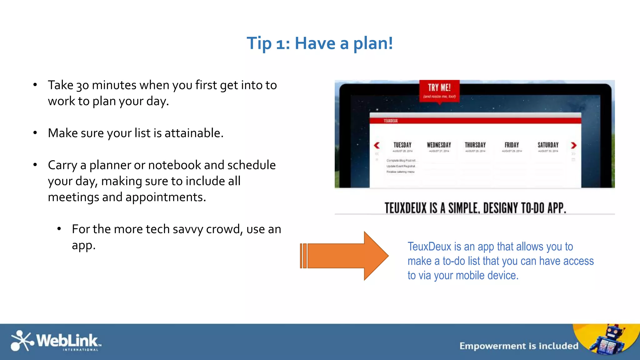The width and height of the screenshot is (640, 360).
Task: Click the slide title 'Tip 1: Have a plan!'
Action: pos(320,43)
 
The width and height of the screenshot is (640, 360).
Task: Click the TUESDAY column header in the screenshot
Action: pos(402,145)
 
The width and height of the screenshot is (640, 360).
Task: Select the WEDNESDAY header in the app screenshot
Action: pos(439,145)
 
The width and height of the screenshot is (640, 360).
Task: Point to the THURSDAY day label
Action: pos(475,145)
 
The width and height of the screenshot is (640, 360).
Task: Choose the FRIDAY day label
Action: pos(512,145)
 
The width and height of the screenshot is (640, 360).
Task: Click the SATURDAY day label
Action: pos(548,145)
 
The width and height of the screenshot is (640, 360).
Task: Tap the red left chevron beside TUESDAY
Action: pos(377,145)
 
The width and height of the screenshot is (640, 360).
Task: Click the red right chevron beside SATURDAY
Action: pos(573,145)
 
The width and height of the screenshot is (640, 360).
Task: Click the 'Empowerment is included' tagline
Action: pos(519,346)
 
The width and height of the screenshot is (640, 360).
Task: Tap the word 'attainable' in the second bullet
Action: pos(194,133)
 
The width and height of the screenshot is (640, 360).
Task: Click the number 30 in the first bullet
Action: pos(82,85)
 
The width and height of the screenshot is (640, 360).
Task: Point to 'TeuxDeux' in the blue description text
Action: pos(429,247)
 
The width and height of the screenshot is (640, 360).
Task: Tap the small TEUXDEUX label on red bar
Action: pos(391,121)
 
